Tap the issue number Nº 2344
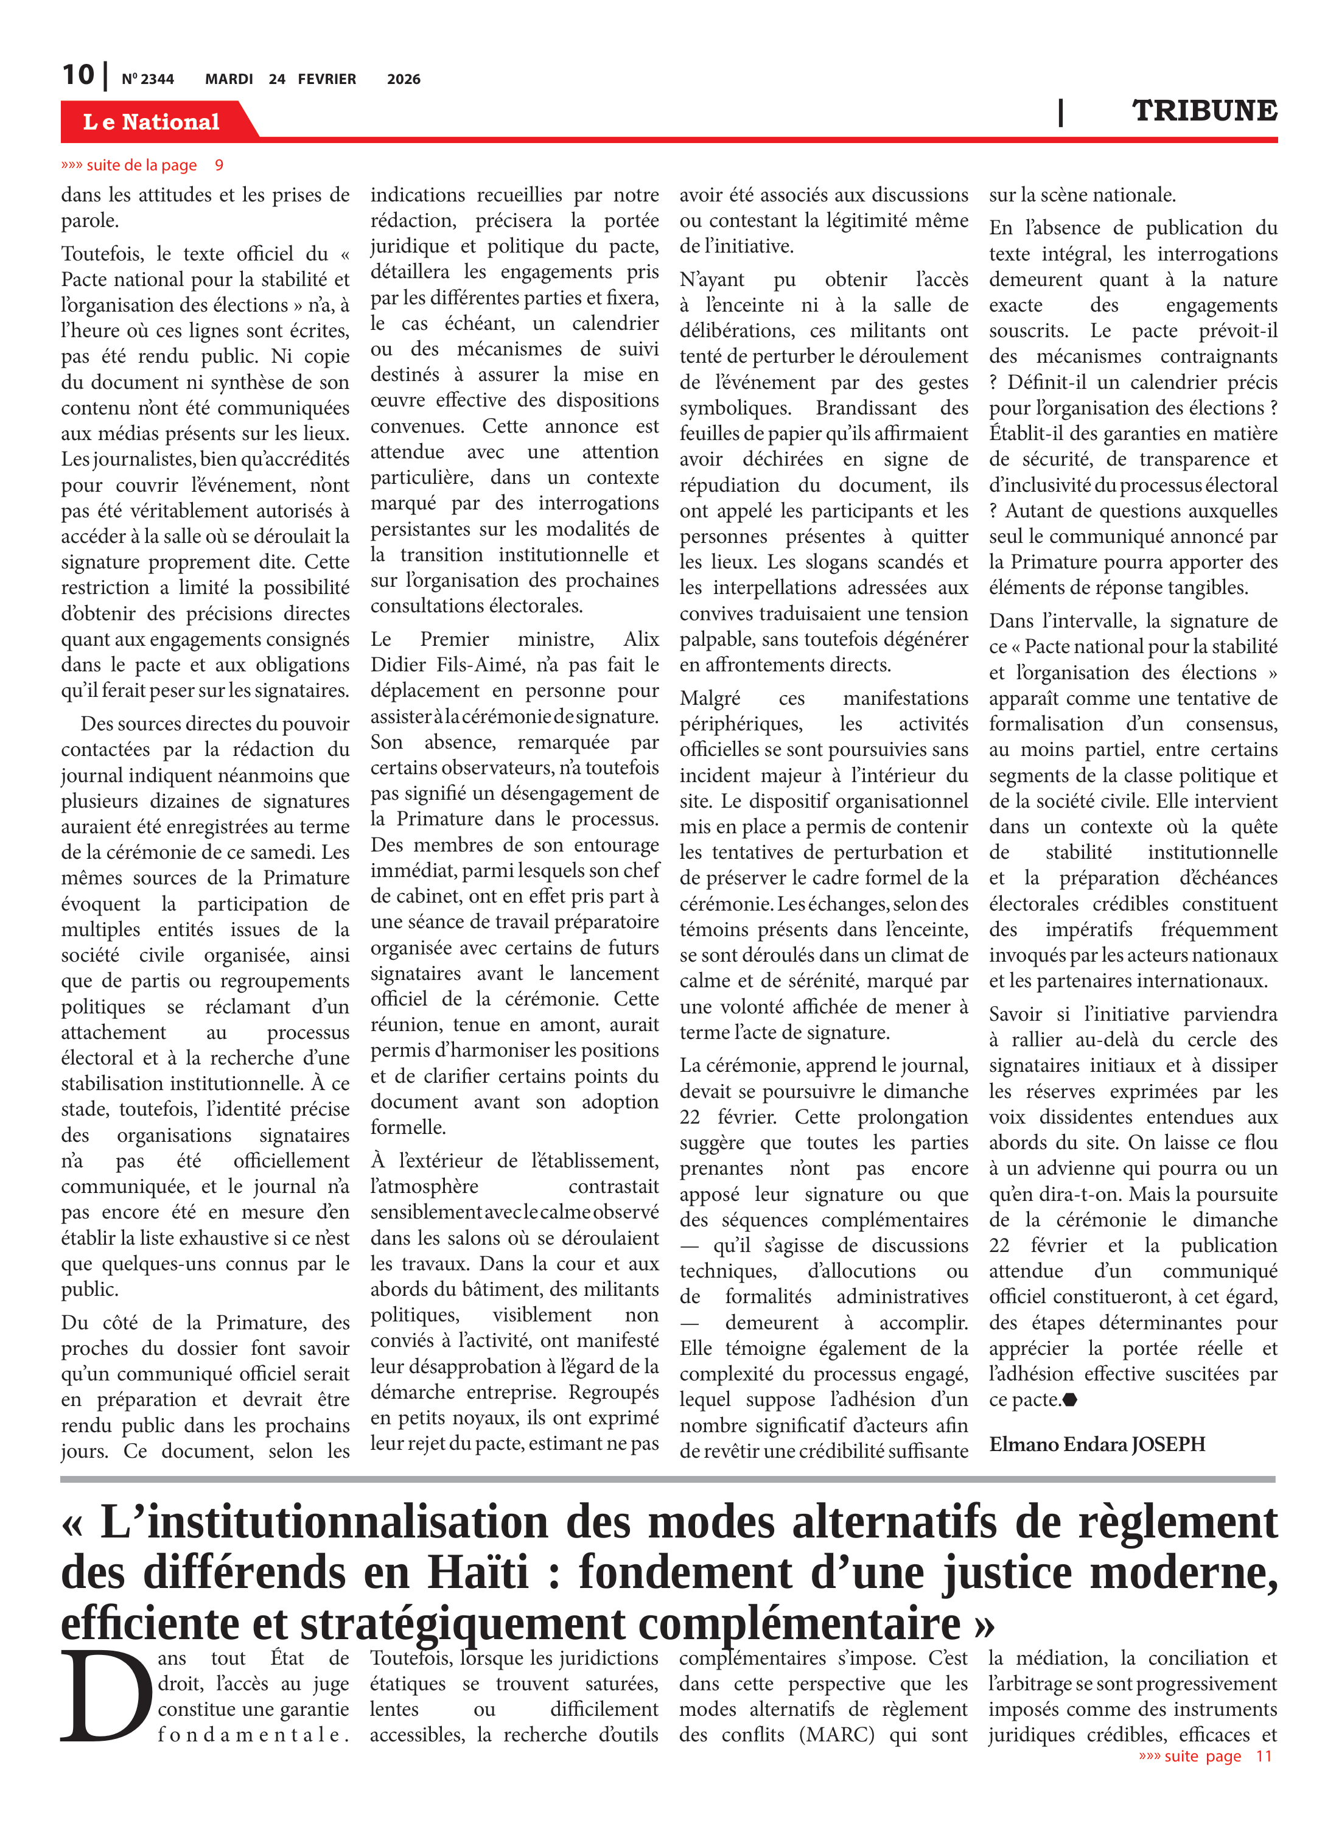point(147,79)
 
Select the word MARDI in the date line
point(229,79)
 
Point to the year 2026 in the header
point(403,79)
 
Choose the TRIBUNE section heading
point(1204,111)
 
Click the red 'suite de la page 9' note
point(142,166)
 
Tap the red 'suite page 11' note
point(1204,1755)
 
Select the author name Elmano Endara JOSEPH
point(1097,1444)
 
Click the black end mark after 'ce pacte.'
point(1069,1400)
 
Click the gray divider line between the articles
point(667,1479)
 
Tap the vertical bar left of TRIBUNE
point(1060,112)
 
